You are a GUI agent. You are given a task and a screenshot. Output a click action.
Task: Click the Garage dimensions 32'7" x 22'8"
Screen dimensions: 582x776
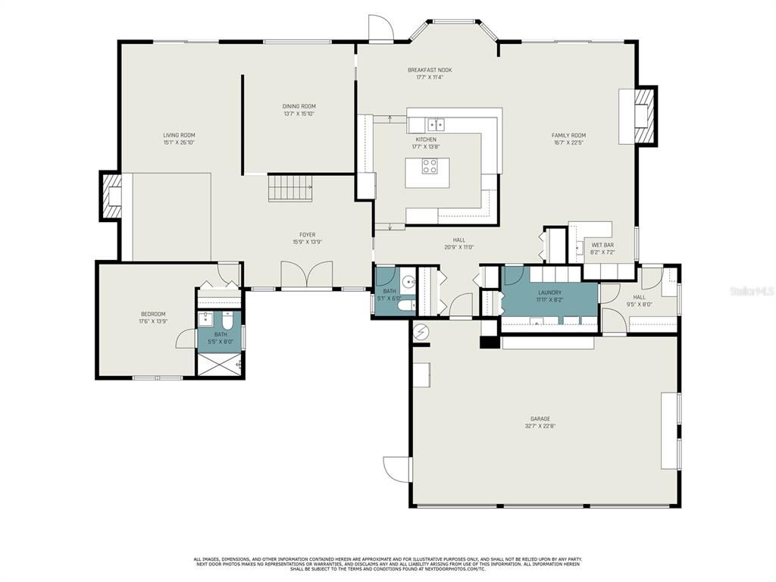pos(540,426)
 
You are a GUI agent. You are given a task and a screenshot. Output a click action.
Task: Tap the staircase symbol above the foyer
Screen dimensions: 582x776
pos(290,187)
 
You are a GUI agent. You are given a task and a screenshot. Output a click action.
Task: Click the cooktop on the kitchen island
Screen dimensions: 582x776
pos(430,166)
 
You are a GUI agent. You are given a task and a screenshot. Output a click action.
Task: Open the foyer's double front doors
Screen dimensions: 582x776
pos(306,274)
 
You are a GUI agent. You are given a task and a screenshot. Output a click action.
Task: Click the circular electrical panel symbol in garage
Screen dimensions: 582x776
pos(422,332)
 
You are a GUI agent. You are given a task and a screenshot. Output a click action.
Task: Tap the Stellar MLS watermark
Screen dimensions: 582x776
pos(750,289)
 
